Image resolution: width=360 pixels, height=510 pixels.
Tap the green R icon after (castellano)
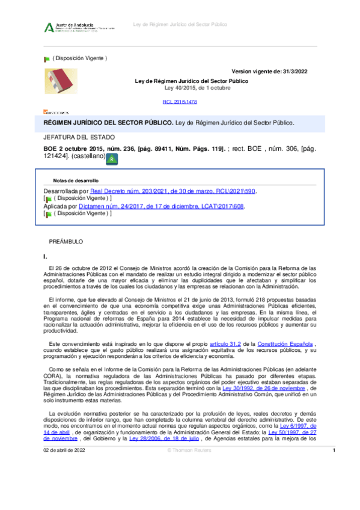(x=112, y=159)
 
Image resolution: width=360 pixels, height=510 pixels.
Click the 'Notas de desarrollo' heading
(x=76, y=180)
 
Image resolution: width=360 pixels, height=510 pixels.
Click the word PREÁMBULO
(x=66, y=241)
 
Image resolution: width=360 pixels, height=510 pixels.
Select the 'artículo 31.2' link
(x=220, y=343)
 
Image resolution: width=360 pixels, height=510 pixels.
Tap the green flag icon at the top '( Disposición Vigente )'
(x=46, y=59)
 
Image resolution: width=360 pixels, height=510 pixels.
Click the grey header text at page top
(x=180, y=25)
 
